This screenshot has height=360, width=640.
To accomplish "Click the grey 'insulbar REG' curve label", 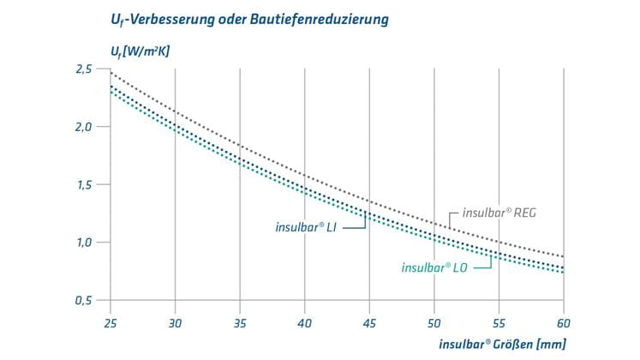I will (x=499, y=212).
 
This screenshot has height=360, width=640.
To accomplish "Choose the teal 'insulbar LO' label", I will (x=434, y=267).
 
